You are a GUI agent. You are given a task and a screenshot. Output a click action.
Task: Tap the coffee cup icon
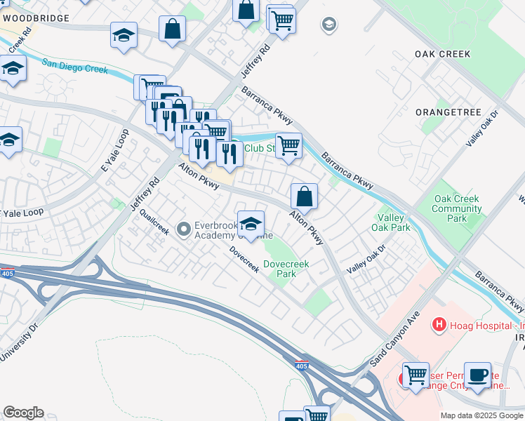point(479,375)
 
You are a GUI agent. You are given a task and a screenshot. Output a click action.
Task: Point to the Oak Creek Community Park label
point(457,208)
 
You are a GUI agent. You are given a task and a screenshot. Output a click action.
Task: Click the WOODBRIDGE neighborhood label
point(34,18)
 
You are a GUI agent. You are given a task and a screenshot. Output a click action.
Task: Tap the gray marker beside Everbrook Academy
point(184,228)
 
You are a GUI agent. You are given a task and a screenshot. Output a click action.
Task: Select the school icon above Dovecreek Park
point(251,224)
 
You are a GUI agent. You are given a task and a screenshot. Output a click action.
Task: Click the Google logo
point(23,413)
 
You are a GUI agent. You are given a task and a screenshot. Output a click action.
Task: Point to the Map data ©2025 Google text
point(481,415)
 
